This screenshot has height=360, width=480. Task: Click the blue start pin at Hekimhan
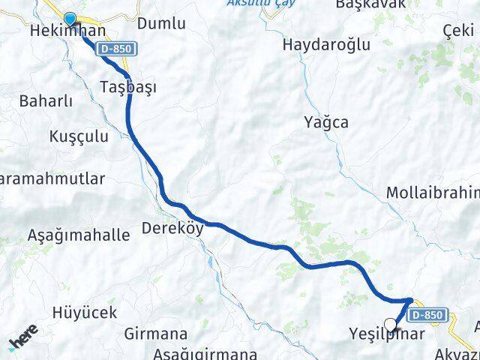70,19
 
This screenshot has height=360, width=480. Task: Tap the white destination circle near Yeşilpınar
390,324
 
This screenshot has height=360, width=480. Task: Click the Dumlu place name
161,23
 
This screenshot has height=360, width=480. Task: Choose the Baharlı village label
45,100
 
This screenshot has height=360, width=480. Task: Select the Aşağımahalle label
78,235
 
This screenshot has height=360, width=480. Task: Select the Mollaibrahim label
433,193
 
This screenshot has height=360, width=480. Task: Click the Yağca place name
326,121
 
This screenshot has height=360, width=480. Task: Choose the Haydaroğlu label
326,44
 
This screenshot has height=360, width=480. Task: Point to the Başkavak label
370,4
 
